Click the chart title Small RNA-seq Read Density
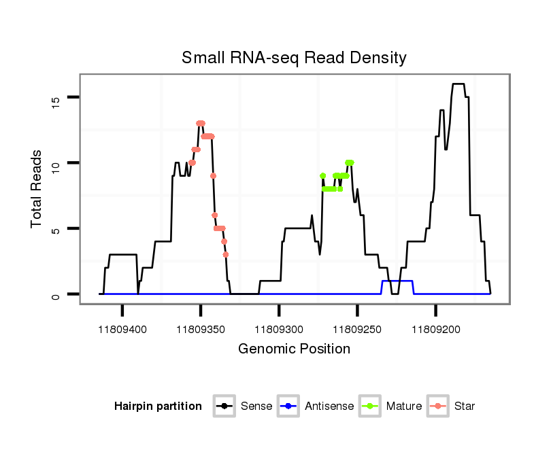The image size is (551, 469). pyautogui.click(x=294, y=58)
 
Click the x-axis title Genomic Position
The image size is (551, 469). pyautogui.click(x=294, y=349)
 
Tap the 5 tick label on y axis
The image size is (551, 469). pyautogui.click(x=56, y=229)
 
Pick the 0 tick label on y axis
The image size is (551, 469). pyautogui.click(x=56, y=294)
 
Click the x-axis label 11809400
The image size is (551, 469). pyautogui.click(x=122, y=330)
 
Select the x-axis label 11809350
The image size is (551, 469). pyautogui.click(x=201, y=330)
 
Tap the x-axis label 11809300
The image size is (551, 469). pyautogui.click(x=279, y=330)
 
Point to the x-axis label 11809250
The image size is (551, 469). pyautogui.click(x=357, y=330)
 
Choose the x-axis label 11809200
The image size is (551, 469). pyautogui.click(x=435, y=330)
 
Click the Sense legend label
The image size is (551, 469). pyautogui.click(x=256, y=406)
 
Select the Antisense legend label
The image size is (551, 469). pyautogui.click(x=329, y=406)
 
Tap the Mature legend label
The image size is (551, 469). pyautogui.click(x=403, y=406)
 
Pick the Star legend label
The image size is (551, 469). pyautogui.click(x=465, y=406)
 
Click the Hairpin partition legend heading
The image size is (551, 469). pyautogui.click(x=158, y=406)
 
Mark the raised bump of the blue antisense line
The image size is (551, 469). pyautogui.click(x=397, y=281)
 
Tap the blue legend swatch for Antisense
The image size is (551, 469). pyautogui.click(x=289, y=406)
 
